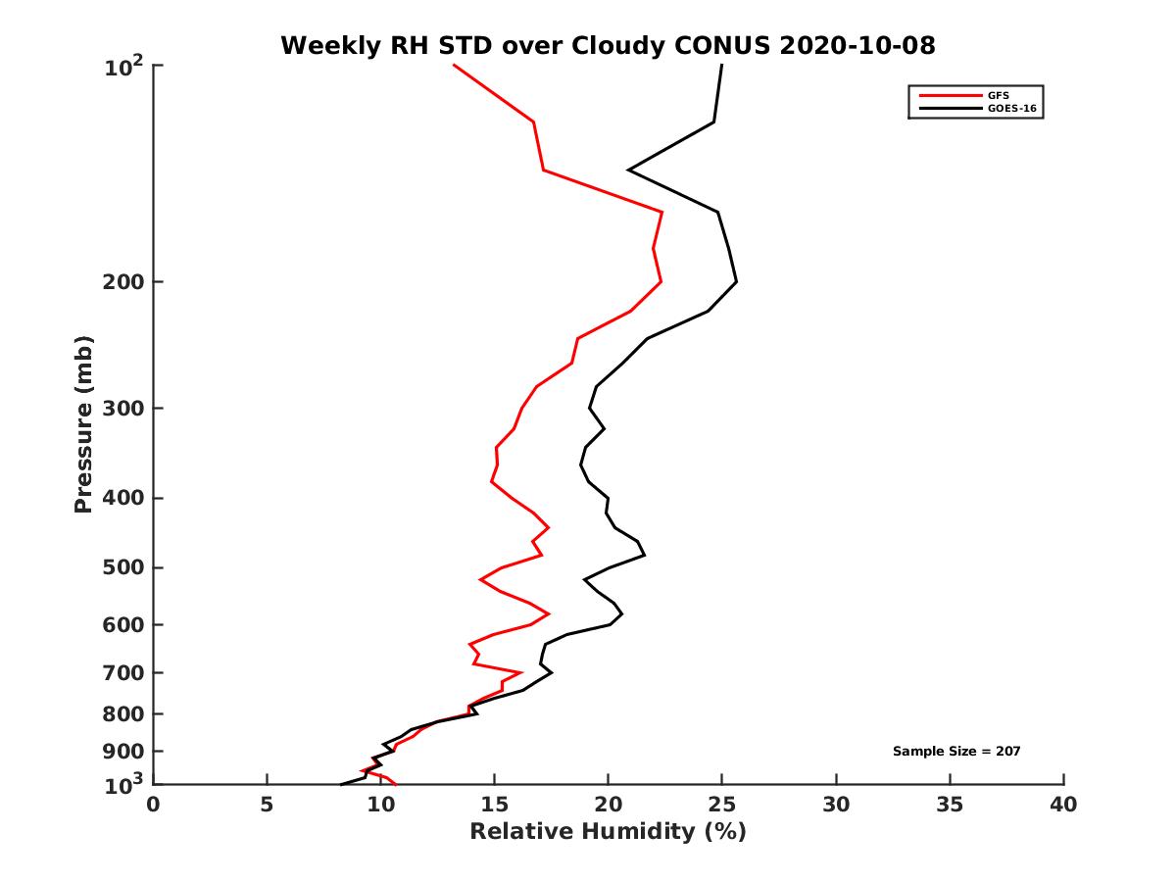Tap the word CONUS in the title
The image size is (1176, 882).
[717, 45]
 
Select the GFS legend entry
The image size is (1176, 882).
[997, 95]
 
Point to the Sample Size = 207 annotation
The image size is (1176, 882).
[956, 751]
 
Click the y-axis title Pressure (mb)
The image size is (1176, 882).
[83, 424]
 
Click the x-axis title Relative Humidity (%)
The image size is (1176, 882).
[608, 832]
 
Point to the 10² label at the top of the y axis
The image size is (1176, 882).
[123, 69]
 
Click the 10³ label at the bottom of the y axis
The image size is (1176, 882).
[123, 783]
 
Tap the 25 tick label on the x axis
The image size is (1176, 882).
[722, 806]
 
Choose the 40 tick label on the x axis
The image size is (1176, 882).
[1063, 806]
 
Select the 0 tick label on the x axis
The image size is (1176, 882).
[154, 806]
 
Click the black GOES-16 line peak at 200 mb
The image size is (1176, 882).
[736, 281]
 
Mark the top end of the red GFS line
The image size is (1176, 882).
[454, 66]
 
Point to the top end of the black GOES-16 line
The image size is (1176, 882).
[722, 66]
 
